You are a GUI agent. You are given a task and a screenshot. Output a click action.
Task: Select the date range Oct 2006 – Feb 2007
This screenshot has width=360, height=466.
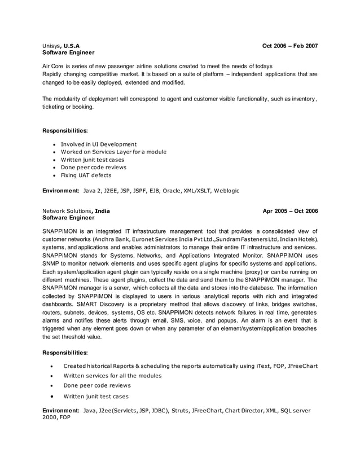click(290, 45)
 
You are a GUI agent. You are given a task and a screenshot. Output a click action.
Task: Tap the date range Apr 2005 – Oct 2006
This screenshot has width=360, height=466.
click(290, 211)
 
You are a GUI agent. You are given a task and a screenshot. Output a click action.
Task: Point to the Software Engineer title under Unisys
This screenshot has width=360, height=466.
click(68, 52)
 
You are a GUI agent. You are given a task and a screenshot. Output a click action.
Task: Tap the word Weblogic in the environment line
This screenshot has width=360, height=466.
click(227, 191)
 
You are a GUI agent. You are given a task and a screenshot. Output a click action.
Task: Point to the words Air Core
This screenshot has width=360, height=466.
click(55, 67)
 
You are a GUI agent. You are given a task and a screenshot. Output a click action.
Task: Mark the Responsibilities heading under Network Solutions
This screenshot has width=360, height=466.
click(65, 353)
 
